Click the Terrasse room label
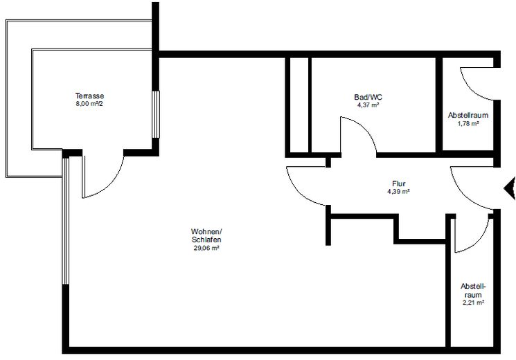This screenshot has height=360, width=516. click(89, 96)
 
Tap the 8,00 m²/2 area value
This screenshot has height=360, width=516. click(89, 105)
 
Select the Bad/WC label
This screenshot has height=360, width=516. click(367, 98)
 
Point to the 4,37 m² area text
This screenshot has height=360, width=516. click(367, 106)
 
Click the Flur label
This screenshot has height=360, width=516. click(398, 183)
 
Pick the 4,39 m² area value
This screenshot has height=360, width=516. click(398, 192)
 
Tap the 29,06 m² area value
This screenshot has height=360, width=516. click(206, 249)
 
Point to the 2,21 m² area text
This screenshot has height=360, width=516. click(472, 303)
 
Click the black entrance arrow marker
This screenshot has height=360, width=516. click(509, 186)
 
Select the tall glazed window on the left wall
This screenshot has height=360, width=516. click(65, 222)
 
